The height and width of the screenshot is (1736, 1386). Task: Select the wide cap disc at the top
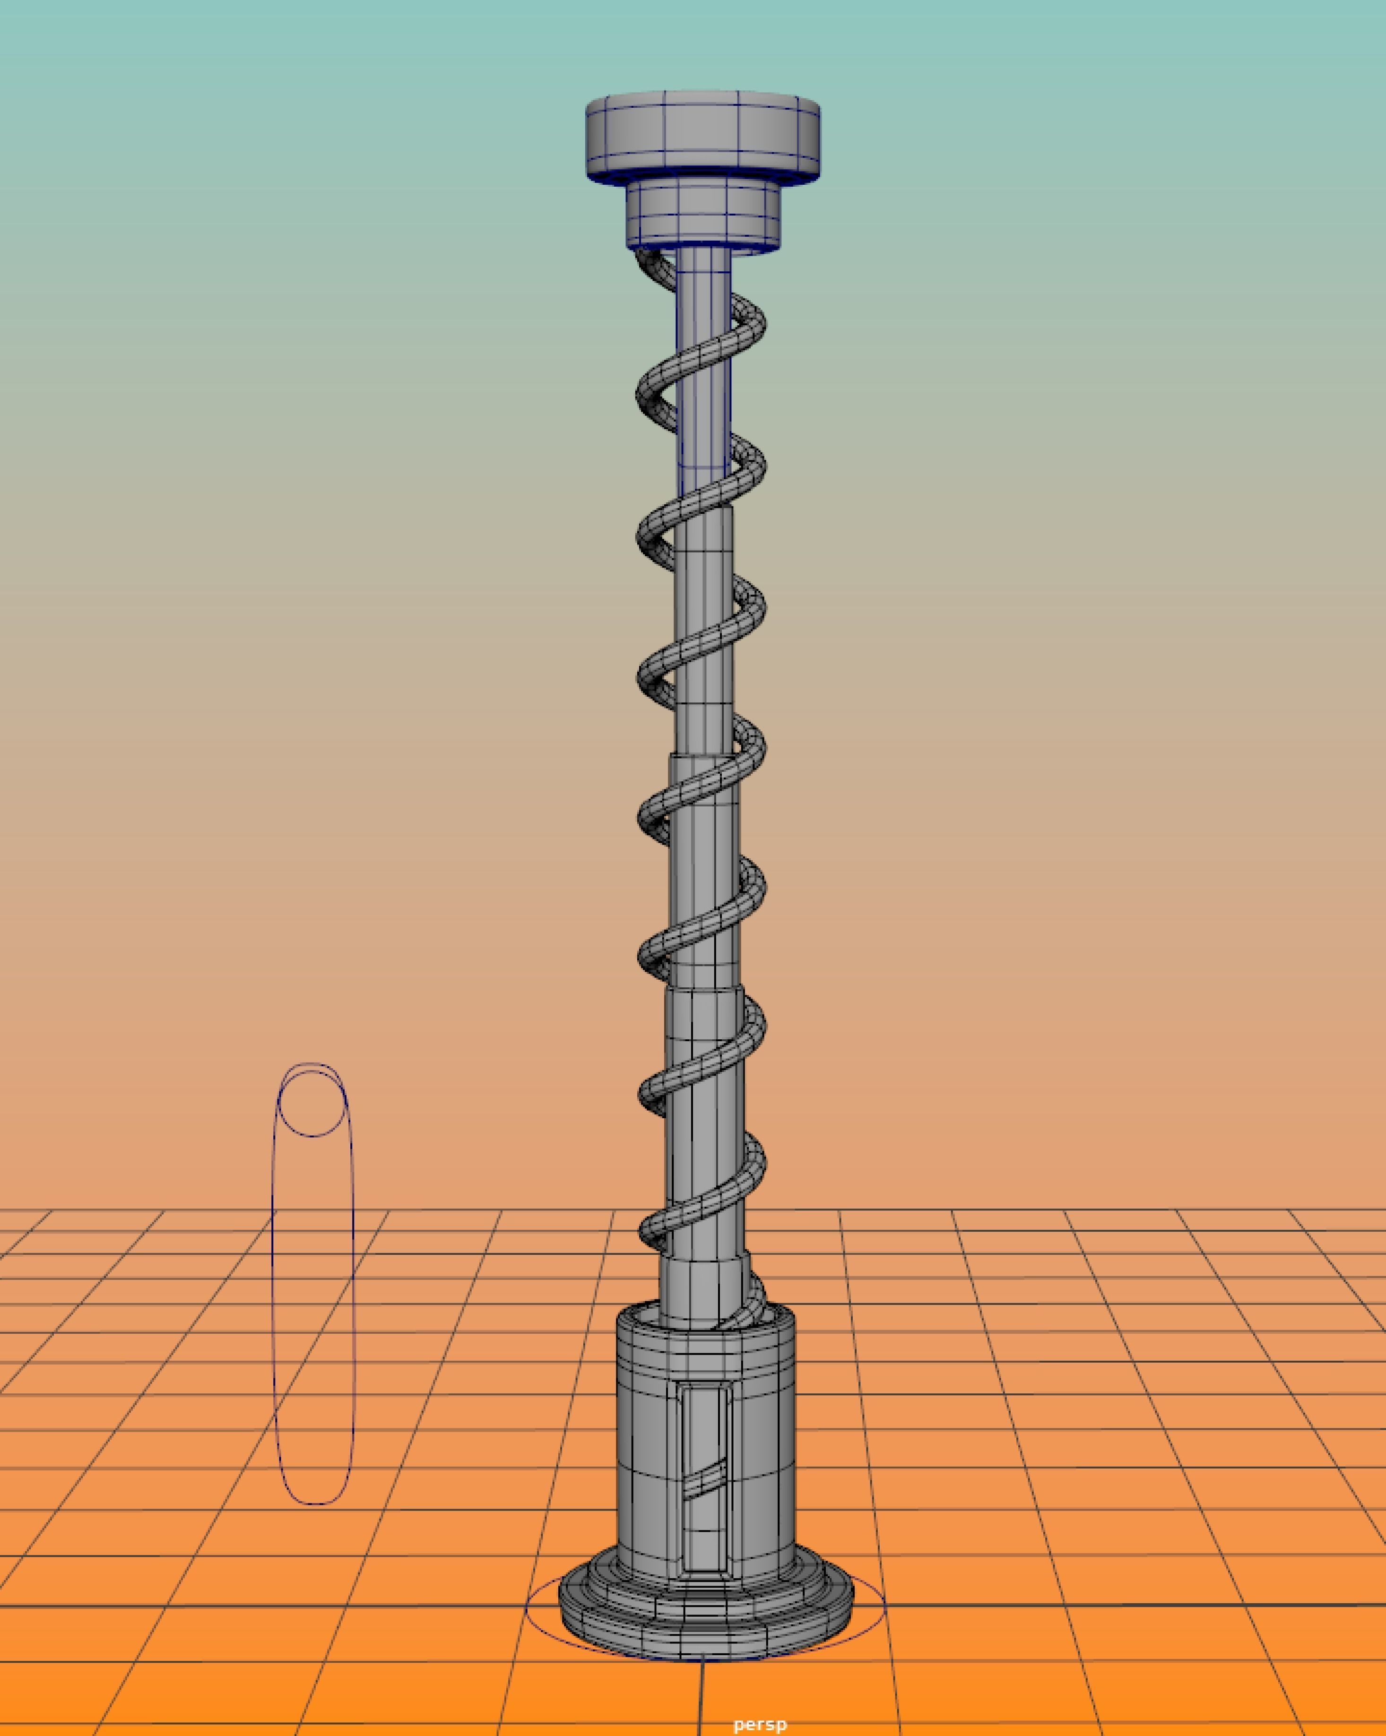702,133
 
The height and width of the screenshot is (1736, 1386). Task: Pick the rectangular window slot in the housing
705,1441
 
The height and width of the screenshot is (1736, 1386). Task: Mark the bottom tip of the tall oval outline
314,1503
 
